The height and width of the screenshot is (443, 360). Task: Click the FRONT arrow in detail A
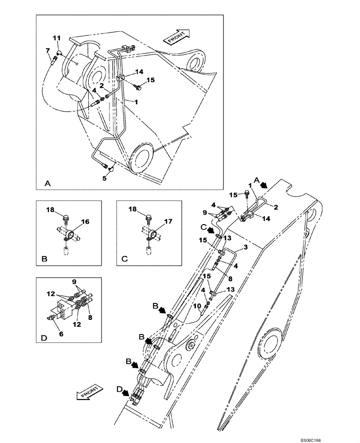177,37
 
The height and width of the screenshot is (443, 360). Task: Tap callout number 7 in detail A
47,51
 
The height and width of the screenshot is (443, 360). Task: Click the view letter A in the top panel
47,183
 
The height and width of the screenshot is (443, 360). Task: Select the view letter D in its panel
43,338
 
